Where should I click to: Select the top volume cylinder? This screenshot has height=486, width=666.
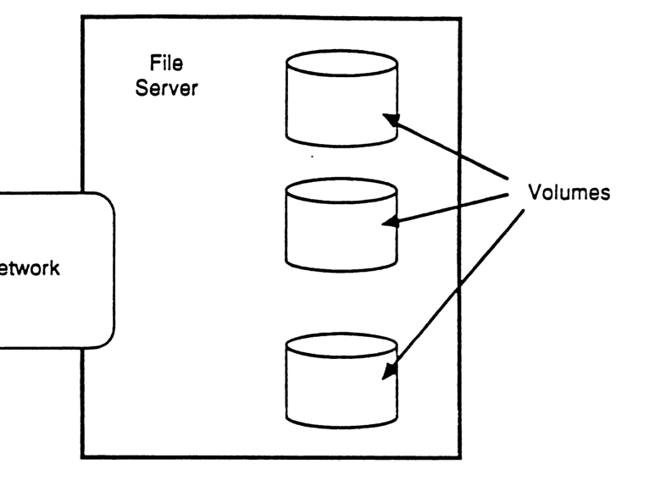[x=341, y=97]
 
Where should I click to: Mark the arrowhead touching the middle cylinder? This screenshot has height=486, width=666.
[x=390, y=224]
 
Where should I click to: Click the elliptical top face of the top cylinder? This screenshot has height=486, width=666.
[x=341, y=64]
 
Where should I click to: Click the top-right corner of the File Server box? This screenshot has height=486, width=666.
[x=460, y=18]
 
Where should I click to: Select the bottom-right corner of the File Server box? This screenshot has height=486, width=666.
[x=460, y=458]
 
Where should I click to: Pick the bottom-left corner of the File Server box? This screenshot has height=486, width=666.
[x=82, y=458]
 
